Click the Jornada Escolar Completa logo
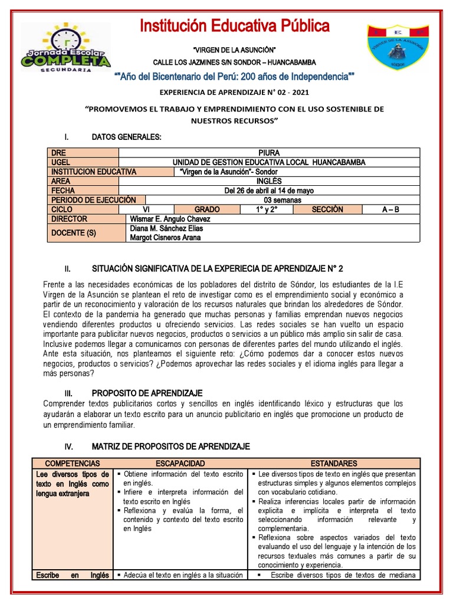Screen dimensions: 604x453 click(x=65, y=48)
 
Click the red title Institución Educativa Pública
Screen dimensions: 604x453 click(x=234, y=26)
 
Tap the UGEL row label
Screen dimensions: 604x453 click(x=61, y=162)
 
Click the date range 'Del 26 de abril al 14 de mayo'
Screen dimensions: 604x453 click(x=269, y=191)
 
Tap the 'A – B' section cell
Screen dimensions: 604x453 click(x=389, y=209)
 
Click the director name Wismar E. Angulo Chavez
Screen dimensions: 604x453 click(x=169, y=219)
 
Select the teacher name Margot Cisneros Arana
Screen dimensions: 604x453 click(x=165, y=238)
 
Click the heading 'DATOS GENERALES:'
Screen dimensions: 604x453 click(x=126, y=137)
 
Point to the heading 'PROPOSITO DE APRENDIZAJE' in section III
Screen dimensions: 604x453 click(x=147, y=393)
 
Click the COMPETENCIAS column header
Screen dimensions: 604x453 click(x=73, y=464)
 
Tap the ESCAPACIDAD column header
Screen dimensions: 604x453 click(x=180, y=464)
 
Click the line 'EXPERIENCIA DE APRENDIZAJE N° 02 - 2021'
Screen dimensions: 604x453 click(x=234, y=93)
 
